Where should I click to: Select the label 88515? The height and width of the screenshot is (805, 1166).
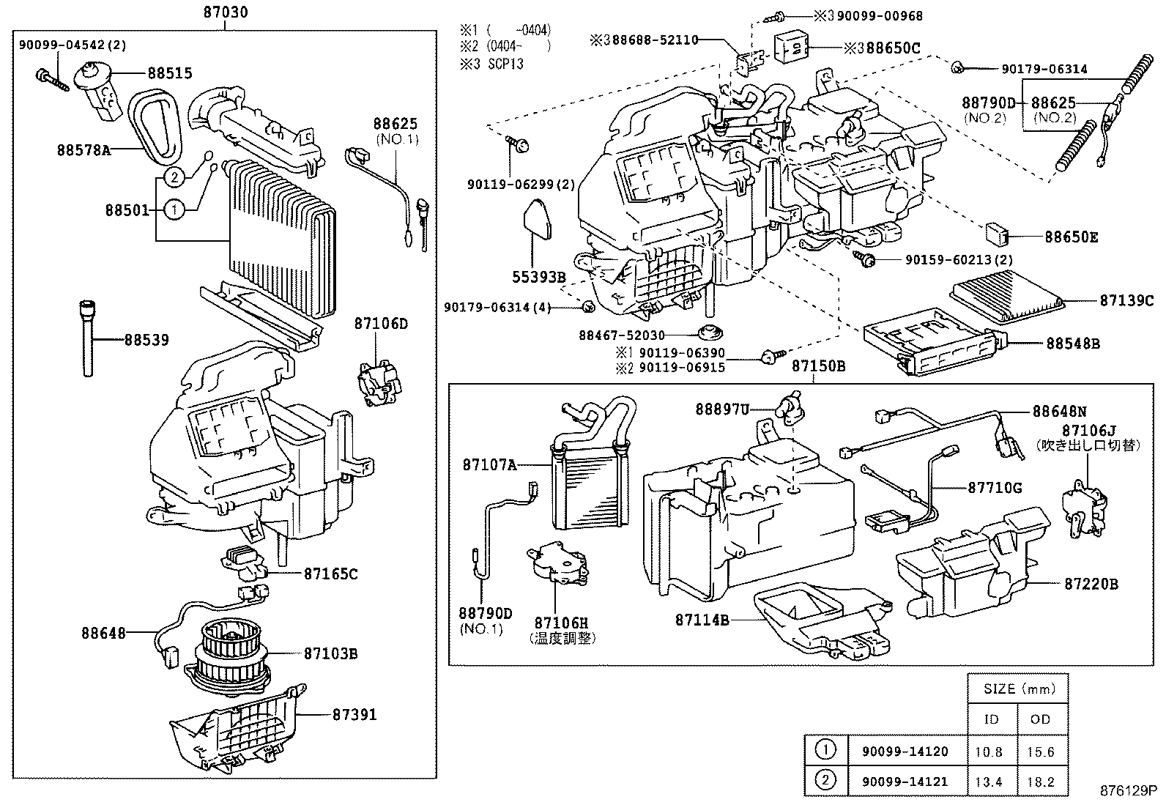tap(169, 73)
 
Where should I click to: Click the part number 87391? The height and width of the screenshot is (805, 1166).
tap(354, 713)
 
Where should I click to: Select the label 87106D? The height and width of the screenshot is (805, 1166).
tap(380, 323)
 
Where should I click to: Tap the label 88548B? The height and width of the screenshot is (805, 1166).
tap(1072, 343)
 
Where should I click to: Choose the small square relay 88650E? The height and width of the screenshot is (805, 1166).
tap(998, 234)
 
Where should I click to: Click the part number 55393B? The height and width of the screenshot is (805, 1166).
tap(539, 278)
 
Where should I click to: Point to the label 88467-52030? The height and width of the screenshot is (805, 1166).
tap(622, 335)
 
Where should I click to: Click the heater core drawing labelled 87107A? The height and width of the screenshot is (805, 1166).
tap(590, 483)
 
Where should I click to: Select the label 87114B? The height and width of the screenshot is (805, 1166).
tap(702, 620)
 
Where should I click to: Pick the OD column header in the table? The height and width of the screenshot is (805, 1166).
tap(1039, 719)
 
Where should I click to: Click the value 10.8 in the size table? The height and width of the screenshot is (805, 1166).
tap(991, 752)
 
